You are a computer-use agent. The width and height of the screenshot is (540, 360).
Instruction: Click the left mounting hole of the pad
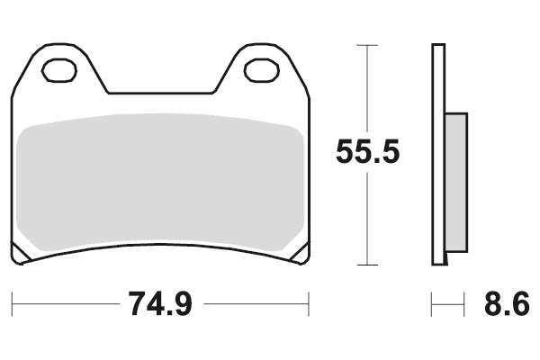[x=60, y=68]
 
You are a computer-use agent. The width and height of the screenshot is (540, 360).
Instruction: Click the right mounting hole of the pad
[x=261, y=68]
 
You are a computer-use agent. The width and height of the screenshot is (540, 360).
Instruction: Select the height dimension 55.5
[x=367, y=151]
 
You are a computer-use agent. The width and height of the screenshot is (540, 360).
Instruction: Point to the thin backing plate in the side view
[x=437, y=153]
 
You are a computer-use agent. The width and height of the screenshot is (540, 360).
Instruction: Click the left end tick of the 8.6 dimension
[x=432, y=305]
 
